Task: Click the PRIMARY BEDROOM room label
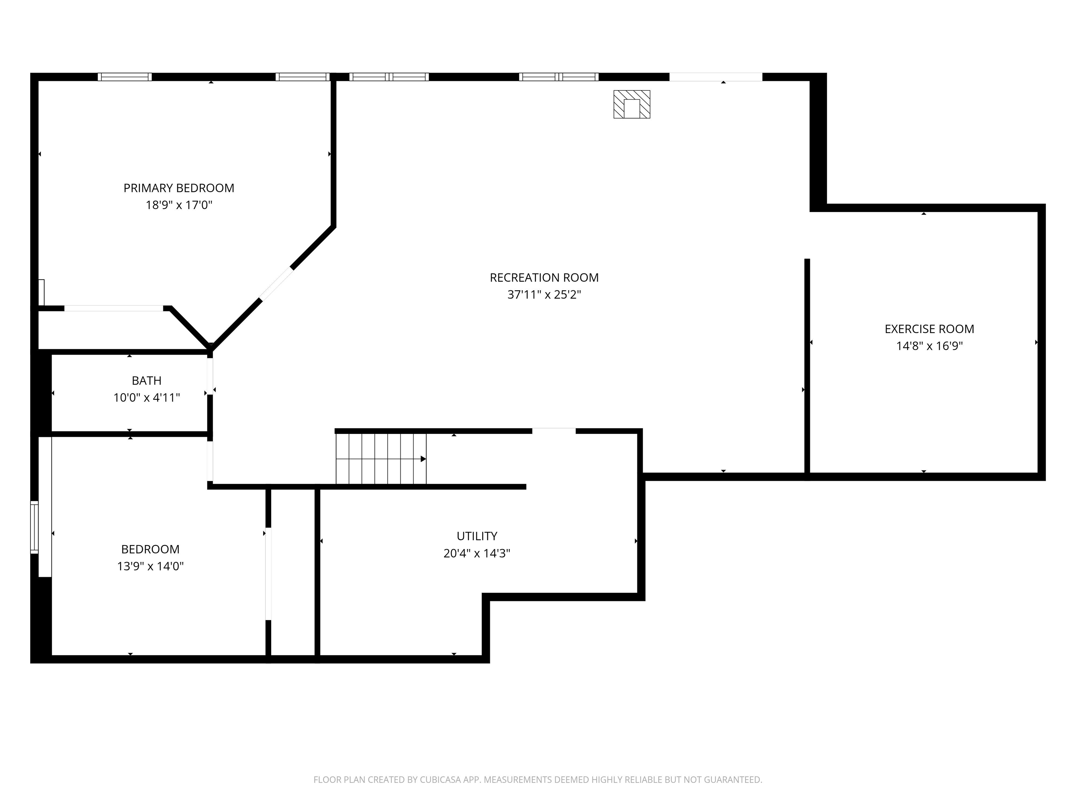tap(179, 188)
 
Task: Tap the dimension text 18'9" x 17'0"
tap(179, 205)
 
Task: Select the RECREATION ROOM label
tap(544, 278)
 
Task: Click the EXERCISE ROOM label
tap(929, 329)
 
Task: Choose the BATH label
tap(146, 381)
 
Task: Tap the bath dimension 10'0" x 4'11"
tap(146, 398)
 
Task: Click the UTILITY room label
tap(477, 536)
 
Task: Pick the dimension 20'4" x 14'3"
tap(477, 553)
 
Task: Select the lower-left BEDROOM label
tap(150, 549)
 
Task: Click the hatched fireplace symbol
tap(632, 104)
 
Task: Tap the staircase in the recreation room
tap(380, 459)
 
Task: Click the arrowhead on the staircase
tap(423, 459)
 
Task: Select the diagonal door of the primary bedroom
tap(276, 284)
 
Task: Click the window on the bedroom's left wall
tap(34, 527)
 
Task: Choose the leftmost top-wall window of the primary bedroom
tap(125, 77)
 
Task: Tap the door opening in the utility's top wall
tap(553, 431)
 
